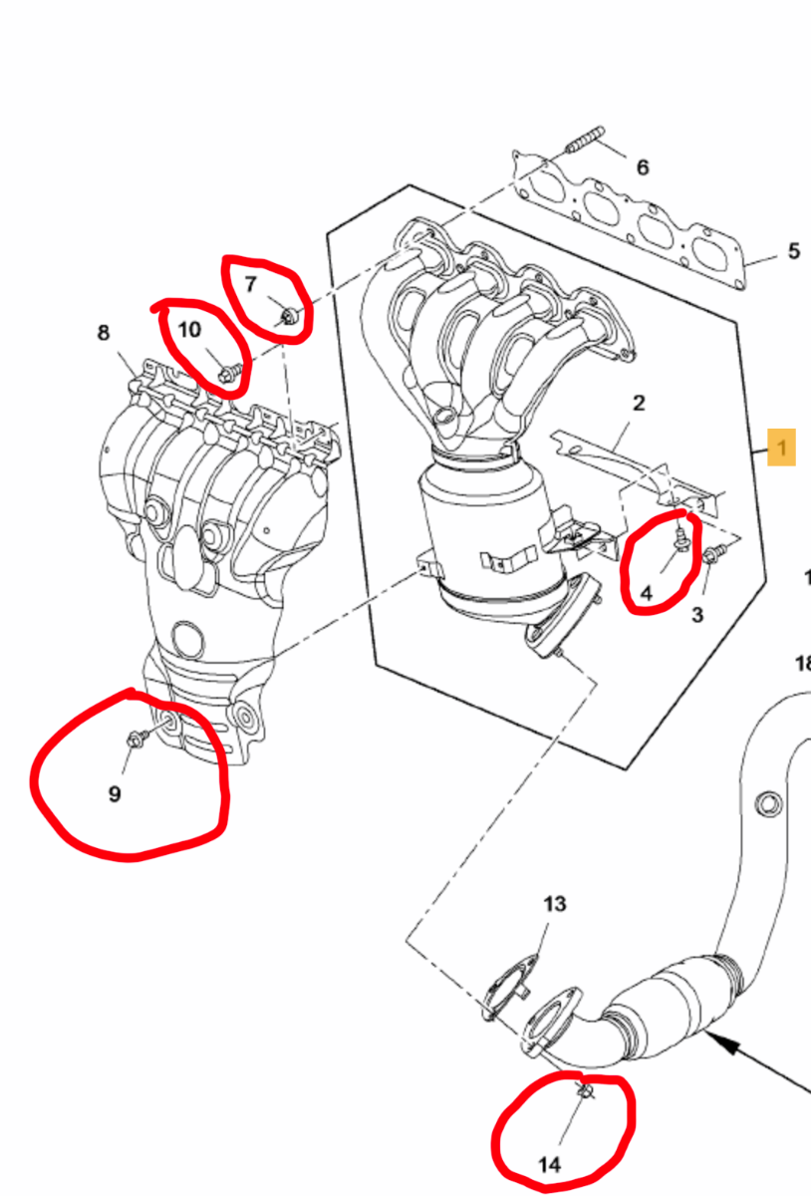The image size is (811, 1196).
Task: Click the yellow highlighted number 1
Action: click(781, 447)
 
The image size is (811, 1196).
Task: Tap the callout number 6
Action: click(643, 167)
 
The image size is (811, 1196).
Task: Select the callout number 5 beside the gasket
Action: click(794, 251)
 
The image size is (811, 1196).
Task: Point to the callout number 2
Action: click(639, 403)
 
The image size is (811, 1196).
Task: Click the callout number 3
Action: click(697, 615)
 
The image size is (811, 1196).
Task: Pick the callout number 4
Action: click(646, 593)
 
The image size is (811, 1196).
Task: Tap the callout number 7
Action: click(250, 284)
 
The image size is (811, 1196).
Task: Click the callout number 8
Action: click(103, 333)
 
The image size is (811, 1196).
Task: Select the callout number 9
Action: click(115, 794)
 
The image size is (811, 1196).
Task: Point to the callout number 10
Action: click(189, 330)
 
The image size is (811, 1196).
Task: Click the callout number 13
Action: click(554, 904)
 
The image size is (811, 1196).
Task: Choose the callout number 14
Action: click(549, 1164)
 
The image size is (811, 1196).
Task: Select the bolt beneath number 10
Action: click(230, 371)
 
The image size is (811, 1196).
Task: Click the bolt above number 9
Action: click(135, 738)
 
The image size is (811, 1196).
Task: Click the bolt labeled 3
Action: click(714, 553)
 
